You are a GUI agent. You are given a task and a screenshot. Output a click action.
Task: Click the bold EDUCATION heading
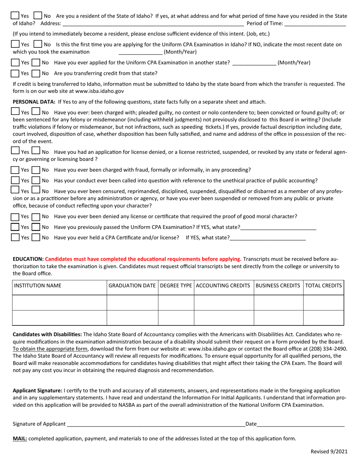(x=28, y=259)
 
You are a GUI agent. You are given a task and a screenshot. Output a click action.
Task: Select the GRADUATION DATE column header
(x=132, y=285)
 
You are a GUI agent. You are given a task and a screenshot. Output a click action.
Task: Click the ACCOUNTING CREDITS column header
(x=224, y=285)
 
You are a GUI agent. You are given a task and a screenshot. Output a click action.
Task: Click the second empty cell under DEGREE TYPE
(x=176, y=318)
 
